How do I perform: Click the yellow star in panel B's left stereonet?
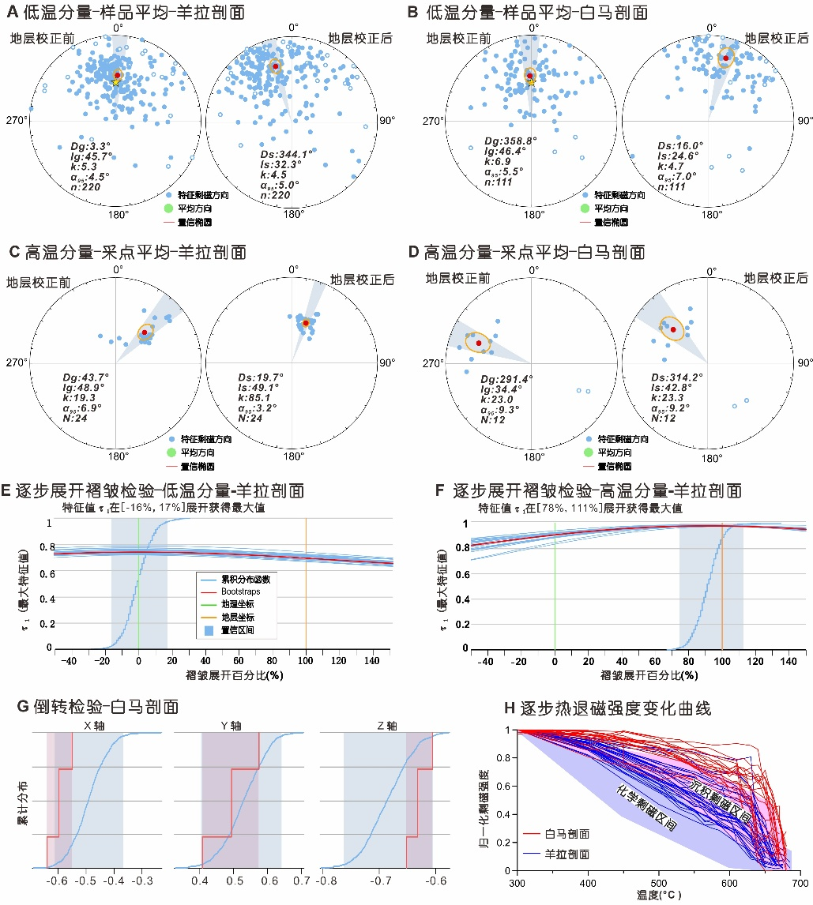531,81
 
